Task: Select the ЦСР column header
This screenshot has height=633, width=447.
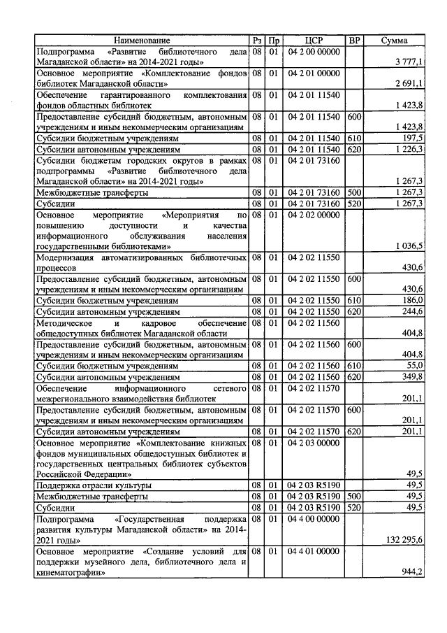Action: (313, 41)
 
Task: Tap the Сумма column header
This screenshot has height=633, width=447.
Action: (395, 41)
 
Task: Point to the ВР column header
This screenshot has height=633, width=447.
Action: (354, 41)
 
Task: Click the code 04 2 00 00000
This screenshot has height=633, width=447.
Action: (313, 52)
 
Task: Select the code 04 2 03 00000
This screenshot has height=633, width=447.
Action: (313, 443)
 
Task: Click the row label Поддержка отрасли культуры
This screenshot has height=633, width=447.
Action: (94, 485)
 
